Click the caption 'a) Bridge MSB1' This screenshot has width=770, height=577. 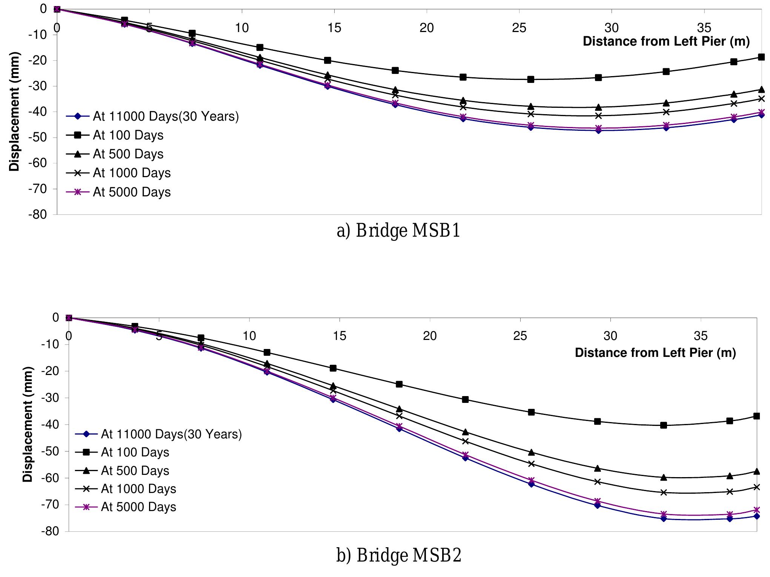[398, 231]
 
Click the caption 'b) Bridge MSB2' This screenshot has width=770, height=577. [399, 555]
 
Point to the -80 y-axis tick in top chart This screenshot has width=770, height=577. [39, 214]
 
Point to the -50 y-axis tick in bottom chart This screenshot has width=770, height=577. [51, 451]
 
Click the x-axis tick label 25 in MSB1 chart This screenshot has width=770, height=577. [519, 28]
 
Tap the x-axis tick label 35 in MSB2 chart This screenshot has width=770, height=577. [701, 335]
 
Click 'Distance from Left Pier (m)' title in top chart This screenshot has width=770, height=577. [666, 41]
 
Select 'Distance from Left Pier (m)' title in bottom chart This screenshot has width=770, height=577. [655, 353]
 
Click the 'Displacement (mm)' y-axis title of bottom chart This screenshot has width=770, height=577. [28, 424]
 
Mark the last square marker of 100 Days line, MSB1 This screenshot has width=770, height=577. [761, 57]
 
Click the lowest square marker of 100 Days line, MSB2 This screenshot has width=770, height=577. [664, 425]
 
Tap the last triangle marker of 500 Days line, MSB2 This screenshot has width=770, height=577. [756, 471]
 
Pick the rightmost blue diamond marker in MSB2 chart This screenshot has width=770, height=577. [756, 516]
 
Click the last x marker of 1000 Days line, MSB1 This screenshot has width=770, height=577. [761, 99]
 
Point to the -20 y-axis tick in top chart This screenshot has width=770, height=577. [39, 60]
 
